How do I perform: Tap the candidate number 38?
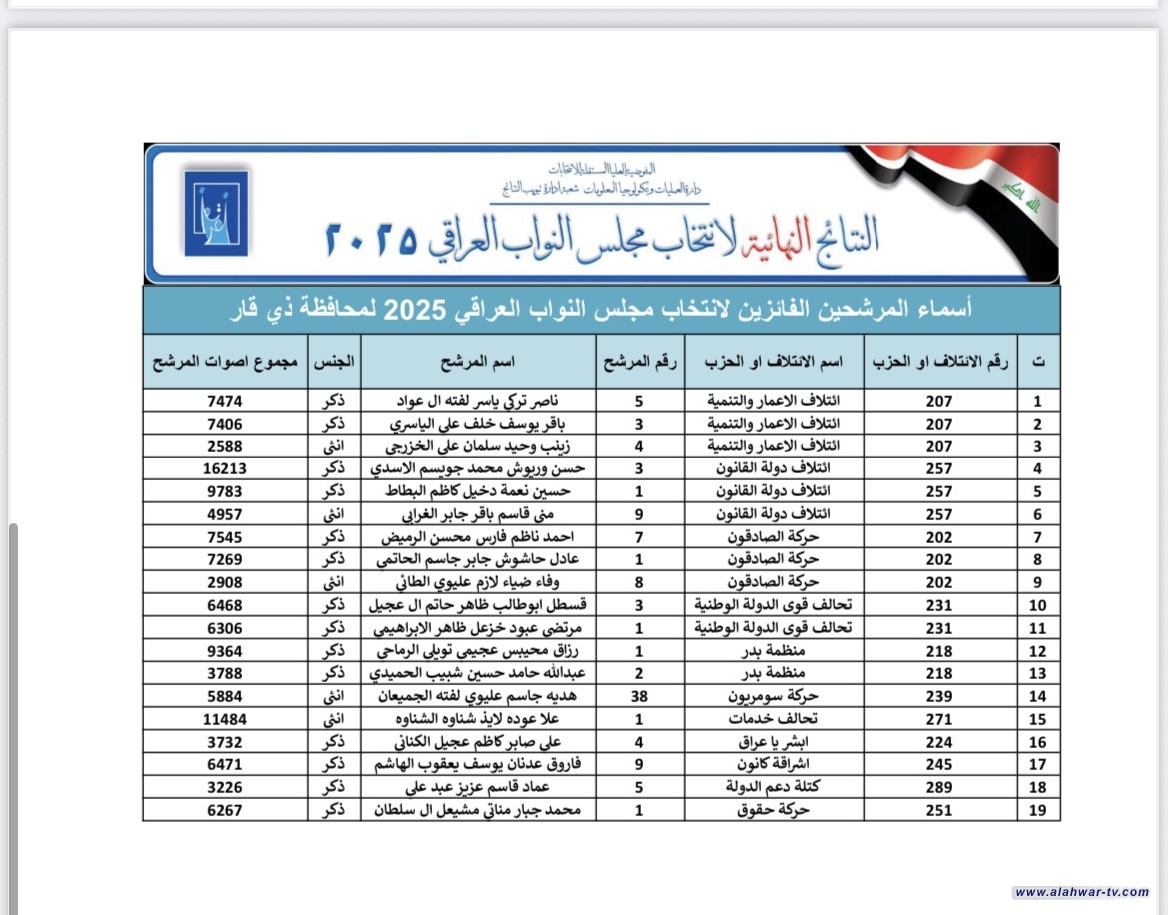click(639, 696)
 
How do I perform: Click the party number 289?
click(938, 787)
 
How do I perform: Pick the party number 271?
click(938, 719)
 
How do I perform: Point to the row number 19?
click(1038, 810)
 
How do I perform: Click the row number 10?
click(1038, 605)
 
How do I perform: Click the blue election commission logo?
click(216, 213)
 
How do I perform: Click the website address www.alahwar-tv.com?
click(1081, 892)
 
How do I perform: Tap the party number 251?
click(938, 810)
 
